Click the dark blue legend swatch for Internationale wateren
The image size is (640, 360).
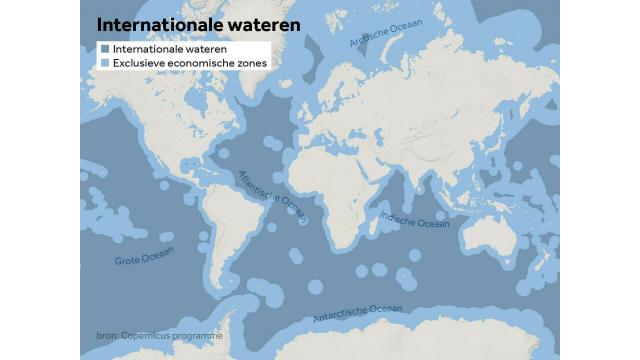point(105,48)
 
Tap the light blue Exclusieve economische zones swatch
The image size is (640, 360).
point(105,63)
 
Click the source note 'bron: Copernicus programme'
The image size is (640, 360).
point(153,335)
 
